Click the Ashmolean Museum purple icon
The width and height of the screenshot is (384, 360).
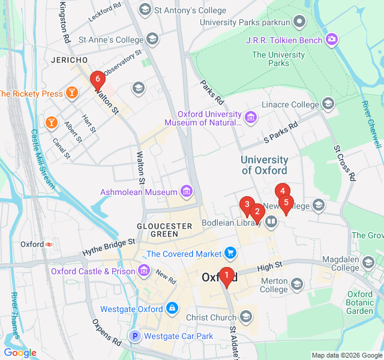point(187,192)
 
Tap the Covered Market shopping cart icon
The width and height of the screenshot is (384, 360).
point(230,254)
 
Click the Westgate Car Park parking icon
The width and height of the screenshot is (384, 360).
point(135,337)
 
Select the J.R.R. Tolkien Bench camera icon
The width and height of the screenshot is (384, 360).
point(332,40)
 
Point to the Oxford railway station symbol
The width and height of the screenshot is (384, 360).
point(49,244)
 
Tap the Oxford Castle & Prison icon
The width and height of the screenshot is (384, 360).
point(144,271)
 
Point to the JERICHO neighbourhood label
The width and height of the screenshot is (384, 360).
point(70,60)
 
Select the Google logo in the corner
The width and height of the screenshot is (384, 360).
point(20,353)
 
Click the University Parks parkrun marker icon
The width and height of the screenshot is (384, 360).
point(300,22)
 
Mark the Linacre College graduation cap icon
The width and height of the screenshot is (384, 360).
point(328,104)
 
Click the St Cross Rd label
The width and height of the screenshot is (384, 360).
point(345,162)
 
